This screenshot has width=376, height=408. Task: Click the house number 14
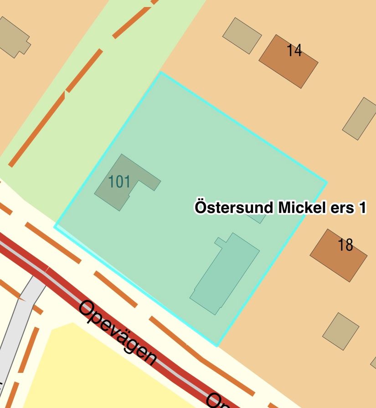click(294, 50)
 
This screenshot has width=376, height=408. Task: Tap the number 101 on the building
click(119, 182)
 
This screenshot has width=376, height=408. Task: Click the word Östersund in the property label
click(234, 208)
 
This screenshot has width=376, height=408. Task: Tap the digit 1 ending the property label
click(362, 208)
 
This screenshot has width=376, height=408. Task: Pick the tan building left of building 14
click(242, 36)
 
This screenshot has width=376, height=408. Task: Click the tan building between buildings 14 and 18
click(360, 119)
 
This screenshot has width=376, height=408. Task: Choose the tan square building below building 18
click(341, 331)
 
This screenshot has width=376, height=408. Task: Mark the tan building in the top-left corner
click(12, 36)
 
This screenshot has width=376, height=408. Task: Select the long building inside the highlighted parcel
click(225, 274)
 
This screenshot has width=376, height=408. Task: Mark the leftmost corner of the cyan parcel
click(55, 226)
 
